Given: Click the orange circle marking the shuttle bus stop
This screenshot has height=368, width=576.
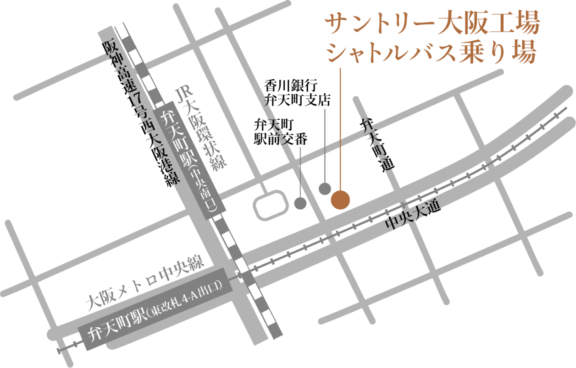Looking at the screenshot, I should [x=340, y=200].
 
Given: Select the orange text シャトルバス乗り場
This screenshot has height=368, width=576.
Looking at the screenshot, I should [x=431, y=54].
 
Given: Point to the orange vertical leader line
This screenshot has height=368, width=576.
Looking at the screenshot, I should [x=340, y=128].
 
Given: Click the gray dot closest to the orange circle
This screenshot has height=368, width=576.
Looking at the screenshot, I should [x=325, y=188].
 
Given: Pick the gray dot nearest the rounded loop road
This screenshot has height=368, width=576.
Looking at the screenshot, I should [x=300, y=203].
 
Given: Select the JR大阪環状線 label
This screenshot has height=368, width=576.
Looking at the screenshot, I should [x=202, y=130].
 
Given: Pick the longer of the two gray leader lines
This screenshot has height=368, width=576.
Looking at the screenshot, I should [x=325, y=146].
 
